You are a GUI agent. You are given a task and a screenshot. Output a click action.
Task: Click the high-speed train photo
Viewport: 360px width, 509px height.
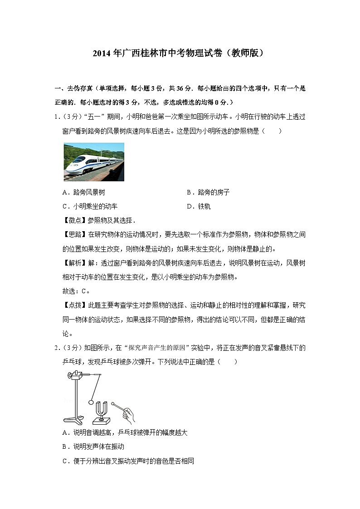pyautogui.click(x=94, y=162)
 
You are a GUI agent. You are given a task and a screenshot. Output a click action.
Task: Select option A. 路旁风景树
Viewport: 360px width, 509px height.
pyautogui.click(x=86, y=193)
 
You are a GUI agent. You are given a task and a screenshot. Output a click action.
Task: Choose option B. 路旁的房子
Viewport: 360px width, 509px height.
pyautogui.click(x=208, y=193)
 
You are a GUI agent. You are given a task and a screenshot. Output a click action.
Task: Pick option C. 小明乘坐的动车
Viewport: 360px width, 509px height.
pyautogui.click(x=90, y=207)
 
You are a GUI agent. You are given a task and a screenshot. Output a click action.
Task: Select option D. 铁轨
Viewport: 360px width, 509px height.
pyautogui.click(x=199, y=207)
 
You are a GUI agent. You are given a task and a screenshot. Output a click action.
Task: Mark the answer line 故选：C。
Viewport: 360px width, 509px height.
pyautogui.click(x=76, y=291)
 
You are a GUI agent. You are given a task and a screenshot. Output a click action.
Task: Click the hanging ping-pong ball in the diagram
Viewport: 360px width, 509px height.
pyautogui.click(x=92, y=402)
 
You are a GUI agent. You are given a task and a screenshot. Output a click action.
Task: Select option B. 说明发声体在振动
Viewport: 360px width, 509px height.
pyautogui.click(x=93, y=447)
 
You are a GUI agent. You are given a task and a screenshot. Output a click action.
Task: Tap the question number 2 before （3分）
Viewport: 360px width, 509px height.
pyautogui.click(x=56, y=348)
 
